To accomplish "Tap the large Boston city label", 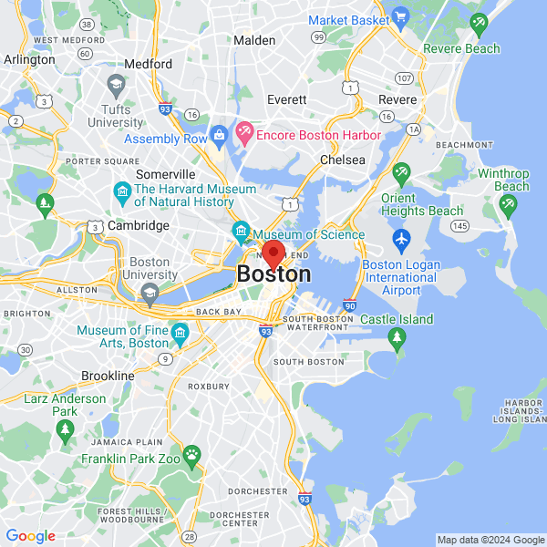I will click(x=273, y=273).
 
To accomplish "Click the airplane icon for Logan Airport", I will click(x=401, y=241).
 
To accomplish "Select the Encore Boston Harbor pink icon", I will click(x=244, y=134).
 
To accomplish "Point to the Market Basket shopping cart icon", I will click(x=399, y=17).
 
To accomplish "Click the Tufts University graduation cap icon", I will click(x=115, y=88).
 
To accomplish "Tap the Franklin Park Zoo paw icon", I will click(x=191, y=453).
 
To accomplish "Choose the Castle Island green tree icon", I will click(x=397, y=338).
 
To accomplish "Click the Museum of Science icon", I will click(x=241, y=229).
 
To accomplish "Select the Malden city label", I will click(x=254, y=40).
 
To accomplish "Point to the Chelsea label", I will click(x=342, y=160).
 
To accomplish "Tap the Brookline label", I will click(x=108, y=376).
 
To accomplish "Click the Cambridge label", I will click(x=139, y=225).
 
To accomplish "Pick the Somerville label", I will click(x=165, y=174).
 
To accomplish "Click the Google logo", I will click(x=30, y=536).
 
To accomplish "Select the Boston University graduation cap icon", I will click(x=150, y=292).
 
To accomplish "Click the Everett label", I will click(x=287, y=99).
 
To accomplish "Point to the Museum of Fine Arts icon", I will click(x=179, y=330).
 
